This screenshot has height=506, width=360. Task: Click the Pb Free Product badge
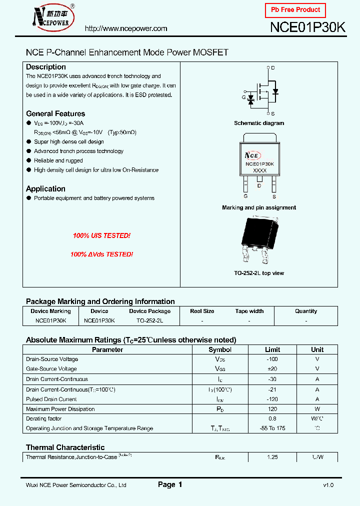pyautogui.click(x=295, y=10)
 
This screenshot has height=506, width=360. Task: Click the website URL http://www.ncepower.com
pyautogui.click(x=126, y=29)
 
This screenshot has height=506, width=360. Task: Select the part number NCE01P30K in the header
pyautogui.click(x=307, y=28)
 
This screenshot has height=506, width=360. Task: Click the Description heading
pyautogui.click(x=46, y=67)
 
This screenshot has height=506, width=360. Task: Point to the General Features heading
pyautogui.click(x=55, y=113)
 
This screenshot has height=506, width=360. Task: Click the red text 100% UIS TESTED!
pyautogui.click(x=101, y=235)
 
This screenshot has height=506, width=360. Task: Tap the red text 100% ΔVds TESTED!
pyautogui.click(x=101, y=254)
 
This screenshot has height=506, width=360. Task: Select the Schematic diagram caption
pyautogui.click(x=259, y=123)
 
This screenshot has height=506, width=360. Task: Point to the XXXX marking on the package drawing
pyautogui.click(x=259, y=170)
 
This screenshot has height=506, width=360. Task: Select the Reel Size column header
pyautogui.click(x=202, y=311)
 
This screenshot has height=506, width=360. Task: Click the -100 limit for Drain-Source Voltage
pyautogui.click(x=272, y=359)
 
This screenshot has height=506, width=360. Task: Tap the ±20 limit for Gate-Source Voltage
pyautogui.click(x=272, y=369)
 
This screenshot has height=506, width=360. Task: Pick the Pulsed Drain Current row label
pyautogui.click(x=51, y=399)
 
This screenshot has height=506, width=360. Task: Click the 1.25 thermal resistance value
pyautogui.click(x=272, y=457)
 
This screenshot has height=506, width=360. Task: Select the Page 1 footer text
pyautogui.click(x=170, y=484)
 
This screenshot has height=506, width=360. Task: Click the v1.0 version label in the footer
pyautogui.click(x=328, y=485)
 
